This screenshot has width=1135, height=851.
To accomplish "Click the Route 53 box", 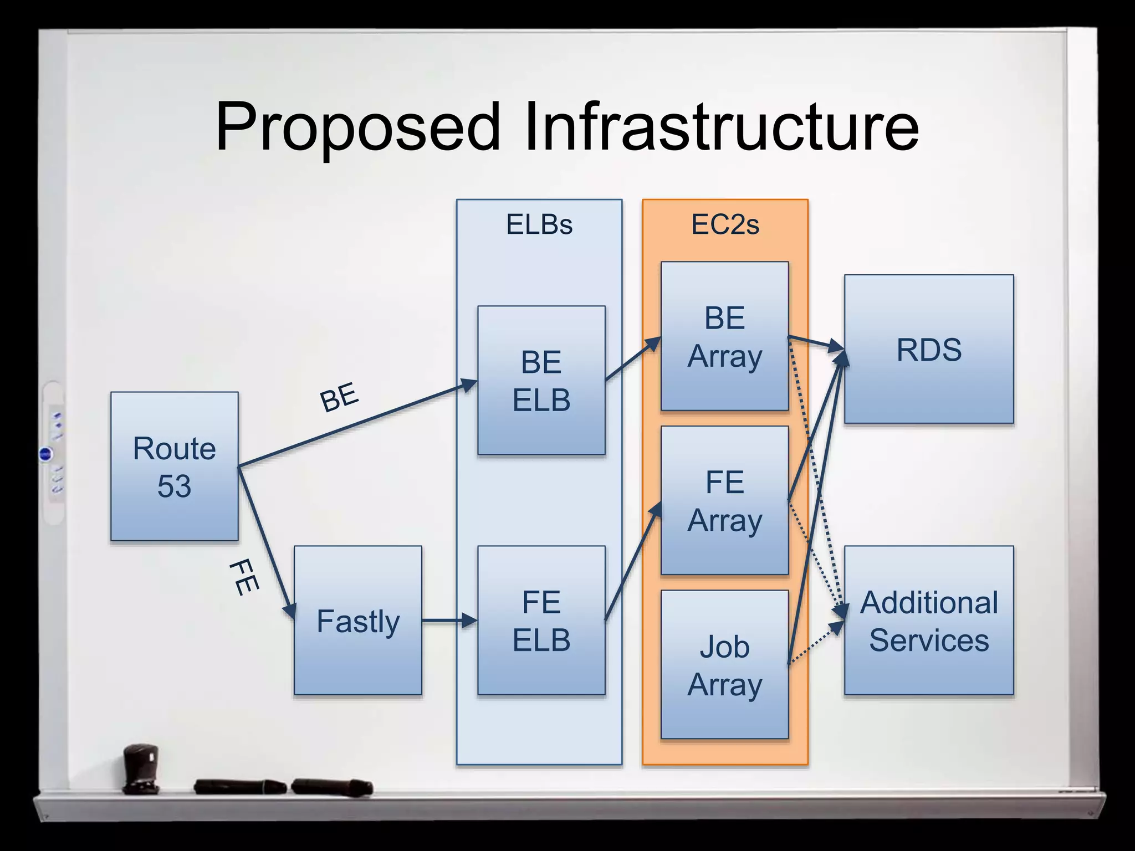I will pos(174,466).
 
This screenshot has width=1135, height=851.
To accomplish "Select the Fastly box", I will pos(357,621).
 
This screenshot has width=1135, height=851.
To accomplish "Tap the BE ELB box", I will pos(541,381).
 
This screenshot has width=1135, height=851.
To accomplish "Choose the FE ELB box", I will pos(541,621).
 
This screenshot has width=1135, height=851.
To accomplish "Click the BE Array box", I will pos(724,336).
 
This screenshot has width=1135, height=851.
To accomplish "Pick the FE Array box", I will pos(724,500).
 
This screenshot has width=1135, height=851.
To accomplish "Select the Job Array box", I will pos(724,665).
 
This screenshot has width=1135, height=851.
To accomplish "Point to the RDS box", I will pos(929,350).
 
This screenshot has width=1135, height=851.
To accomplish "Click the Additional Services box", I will pos(929,621).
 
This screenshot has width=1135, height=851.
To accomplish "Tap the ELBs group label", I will pos(539,224).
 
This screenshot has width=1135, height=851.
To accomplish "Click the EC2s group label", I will pos(725,224).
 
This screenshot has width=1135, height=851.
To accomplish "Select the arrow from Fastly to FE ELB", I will pos(448,621).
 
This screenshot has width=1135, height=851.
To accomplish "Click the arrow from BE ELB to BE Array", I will pos(633,358).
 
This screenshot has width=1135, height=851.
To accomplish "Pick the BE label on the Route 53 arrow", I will pos(339,397).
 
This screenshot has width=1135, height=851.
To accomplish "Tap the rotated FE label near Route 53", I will pos(244,577).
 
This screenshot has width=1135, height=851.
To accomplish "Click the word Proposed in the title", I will pos(357,127).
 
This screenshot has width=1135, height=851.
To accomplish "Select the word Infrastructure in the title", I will pos(720,127).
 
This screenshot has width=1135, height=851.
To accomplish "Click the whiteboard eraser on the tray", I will pos(141,769).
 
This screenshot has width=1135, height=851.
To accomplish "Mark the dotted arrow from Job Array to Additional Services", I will pos(816,643).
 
